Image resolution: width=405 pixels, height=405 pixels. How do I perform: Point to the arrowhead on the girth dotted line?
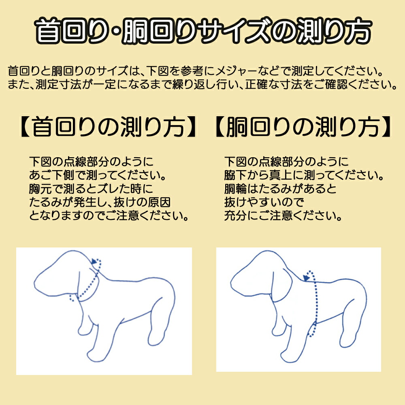(x=307, y=277)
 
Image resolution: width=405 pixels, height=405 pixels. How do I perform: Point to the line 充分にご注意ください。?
(x=282, y=216)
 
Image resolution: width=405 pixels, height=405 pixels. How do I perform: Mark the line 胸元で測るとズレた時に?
(x=92, y=190)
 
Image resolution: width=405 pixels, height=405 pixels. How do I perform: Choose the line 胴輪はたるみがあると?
(x=280, y=190)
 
